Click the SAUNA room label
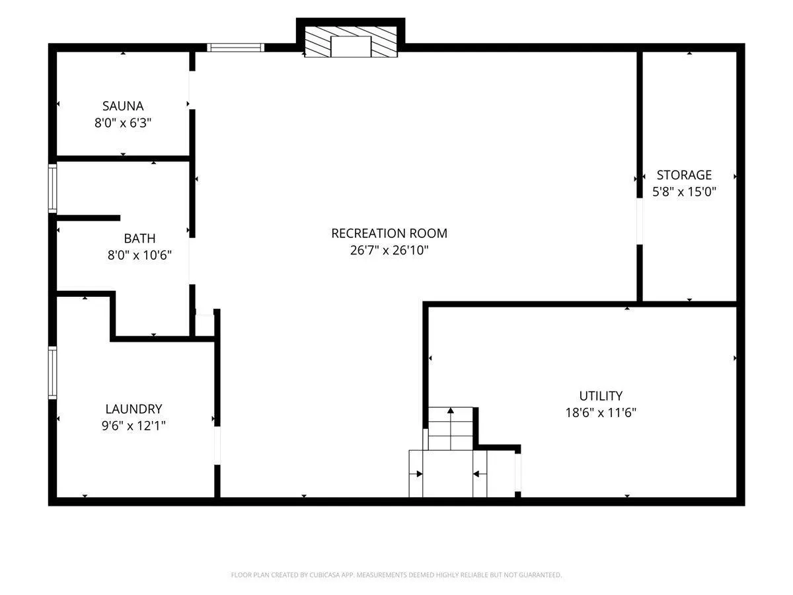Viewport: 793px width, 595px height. (x=123, y=106)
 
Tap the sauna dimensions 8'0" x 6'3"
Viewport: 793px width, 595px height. (x=123, y=123)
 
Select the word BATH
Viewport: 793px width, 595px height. (x=139, y=239)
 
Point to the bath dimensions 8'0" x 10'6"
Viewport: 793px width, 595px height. (x=139, y=255)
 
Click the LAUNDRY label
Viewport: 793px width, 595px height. (x=133, y=409)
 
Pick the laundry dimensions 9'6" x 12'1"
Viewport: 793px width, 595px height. (x=133, y=426)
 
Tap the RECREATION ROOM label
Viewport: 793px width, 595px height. (x=389, y=233)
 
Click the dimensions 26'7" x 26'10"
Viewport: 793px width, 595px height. (x=389, y=250)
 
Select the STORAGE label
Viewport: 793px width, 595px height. (x=684, y=175)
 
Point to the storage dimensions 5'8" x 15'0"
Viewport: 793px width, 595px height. (x=684, y=192)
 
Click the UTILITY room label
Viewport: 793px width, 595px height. (x=601, y=396)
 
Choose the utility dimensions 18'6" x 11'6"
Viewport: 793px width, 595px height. (x=601, y=413)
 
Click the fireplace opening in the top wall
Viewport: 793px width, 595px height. (x=351, y=46)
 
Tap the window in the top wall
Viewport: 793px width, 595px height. (x=235, y=48)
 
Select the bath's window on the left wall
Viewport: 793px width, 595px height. (x=53, y=188)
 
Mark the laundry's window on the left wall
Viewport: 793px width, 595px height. (x=53, y=373)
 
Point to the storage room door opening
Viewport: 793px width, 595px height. (x=640, y=221)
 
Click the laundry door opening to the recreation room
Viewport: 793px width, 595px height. (x=217, y=446)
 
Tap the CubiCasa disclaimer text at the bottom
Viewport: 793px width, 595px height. (x=397, y=575)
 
